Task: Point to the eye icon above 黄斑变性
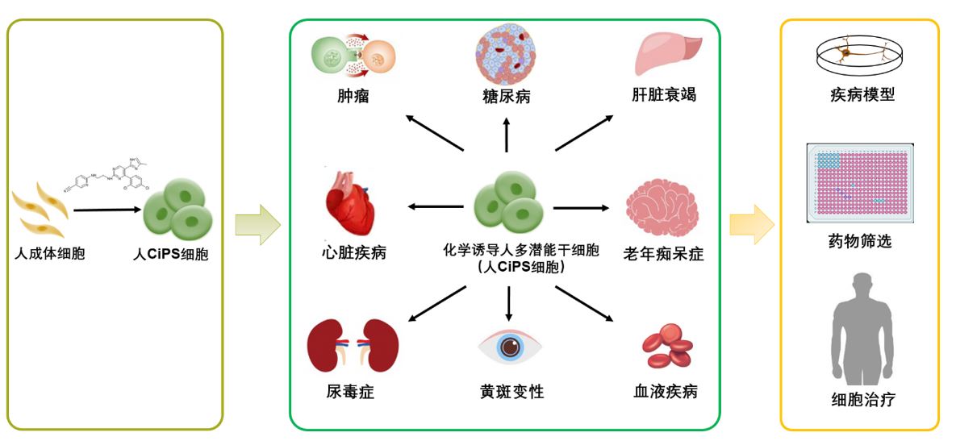click(x=508, y=347)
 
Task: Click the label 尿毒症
click(x=351, y=393)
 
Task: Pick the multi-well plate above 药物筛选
click(x=860, y=184)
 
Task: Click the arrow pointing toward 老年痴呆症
click(x=582, y=208)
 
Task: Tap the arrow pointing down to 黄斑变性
click(x=508, y=303)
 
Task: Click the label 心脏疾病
click(x=353, y=253)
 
